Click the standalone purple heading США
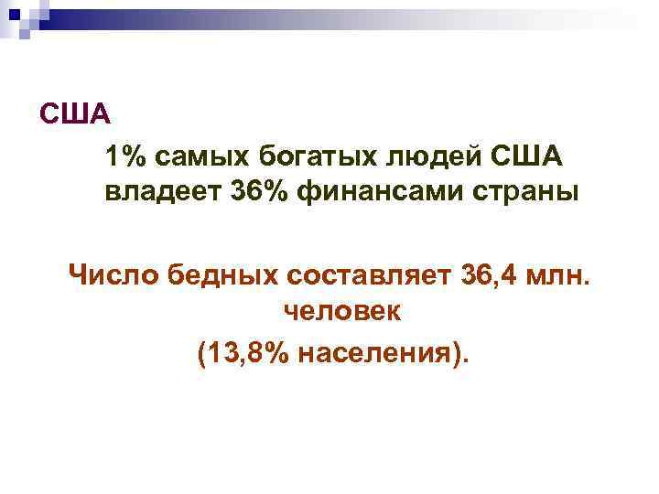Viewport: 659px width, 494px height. click(74, 116)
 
